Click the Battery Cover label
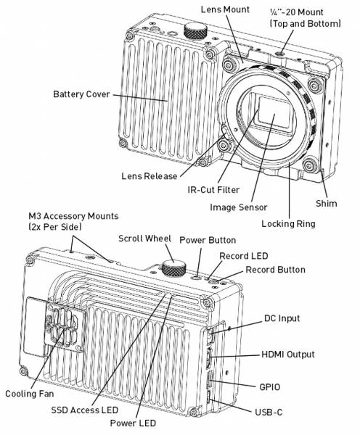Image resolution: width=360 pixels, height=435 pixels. [81, 94]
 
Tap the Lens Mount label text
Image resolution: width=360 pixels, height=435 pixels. [225, 9]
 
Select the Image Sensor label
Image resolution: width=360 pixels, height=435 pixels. [238, 207]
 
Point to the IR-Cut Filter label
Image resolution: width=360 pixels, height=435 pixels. [213, 190]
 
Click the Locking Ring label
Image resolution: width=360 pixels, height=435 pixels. [288, 224]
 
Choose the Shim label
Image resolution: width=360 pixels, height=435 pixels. [326, 203]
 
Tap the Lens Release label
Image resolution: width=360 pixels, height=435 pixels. [150, 176]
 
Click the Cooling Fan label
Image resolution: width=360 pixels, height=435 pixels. [30, 394]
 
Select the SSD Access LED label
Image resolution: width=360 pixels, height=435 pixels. [85, 410]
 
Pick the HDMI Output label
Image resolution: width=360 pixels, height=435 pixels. [288, 355]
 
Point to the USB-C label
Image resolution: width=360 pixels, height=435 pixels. [269, 413]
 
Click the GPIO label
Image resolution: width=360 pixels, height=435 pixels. [269, 387]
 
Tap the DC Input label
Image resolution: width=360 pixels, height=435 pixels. [282, 318]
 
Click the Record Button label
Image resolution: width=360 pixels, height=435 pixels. [275, 270]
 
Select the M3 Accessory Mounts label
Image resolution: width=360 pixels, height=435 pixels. [73, 216]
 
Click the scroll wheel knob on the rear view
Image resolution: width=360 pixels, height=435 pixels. [174, 268]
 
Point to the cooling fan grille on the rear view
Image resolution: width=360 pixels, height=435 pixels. [65, 327]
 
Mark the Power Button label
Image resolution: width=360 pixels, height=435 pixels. [208, 240]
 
